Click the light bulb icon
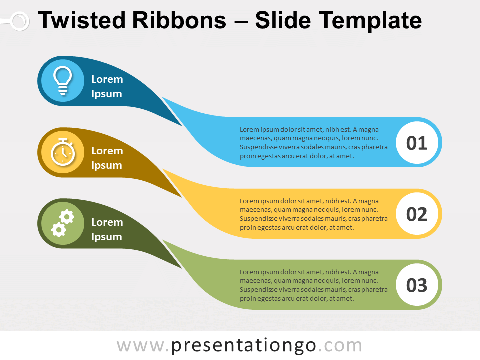pyautogui.click(x=63, y=81)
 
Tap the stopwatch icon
pyautogui.click(x=63, y=152)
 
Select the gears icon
pyautogui.click(x=63, y=223)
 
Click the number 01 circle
pyautogui.click(x=417, y=142)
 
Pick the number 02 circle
pyautogui.click(x=417, y=214)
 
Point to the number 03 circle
pyautogui.click(x=417, y=285)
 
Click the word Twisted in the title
pyautogui.click(x=81, y=20)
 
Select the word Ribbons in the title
pyautogui.click(x=179, y=20)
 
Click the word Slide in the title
pyautogui.click(x=283, y=20)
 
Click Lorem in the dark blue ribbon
pyautogui.click(x=107, y=79)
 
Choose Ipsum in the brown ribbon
pyautogui.click(x=107, y=166)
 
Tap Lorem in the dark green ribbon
pyautogui.click(x=107, y=222)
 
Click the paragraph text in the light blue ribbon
pyautogui.click(x=314, y=143)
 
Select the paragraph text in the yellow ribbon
pyautogui.click(x=314, y=214)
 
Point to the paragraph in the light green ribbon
pyautogui.click(x=314, y=285)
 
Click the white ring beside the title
pyautogui.click(x=20, y=21)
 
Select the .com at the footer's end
pyautogui.click(x=340, y=346)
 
